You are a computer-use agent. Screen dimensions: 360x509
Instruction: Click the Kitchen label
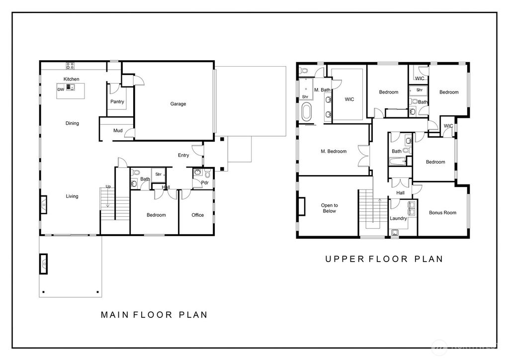[71, 79]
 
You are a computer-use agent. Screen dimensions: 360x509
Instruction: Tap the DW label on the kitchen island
[60, 90]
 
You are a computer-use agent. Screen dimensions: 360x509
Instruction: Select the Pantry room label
[117, 102]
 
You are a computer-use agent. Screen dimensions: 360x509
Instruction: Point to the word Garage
[178, 104]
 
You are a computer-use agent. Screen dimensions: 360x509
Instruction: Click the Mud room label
[118, 131]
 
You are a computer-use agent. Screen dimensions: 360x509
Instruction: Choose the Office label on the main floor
[197, 215]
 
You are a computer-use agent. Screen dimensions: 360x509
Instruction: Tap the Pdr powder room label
[204, 182]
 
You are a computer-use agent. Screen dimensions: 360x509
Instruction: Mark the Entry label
[183, 155]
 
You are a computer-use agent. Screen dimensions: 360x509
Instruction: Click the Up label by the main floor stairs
[108, 186]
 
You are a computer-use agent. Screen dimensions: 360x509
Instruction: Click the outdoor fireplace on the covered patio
[44, 263]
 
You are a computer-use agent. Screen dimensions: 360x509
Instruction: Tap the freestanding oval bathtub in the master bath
[306, 111]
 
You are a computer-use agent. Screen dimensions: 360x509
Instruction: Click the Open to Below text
[329, 208]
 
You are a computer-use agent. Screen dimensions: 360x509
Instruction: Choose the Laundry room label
[398, 218]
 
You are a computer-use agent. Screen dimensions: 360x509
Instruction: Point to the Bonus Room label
[442, 213]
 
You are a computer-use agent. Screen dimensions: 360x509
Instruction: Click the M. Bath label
[322, 90]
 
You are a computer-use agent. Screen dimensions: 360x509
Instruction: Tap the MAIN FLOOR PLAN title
[154, 315]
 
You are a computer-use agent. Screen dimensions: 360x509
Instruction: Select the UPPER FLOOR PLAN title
[384, 259]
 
